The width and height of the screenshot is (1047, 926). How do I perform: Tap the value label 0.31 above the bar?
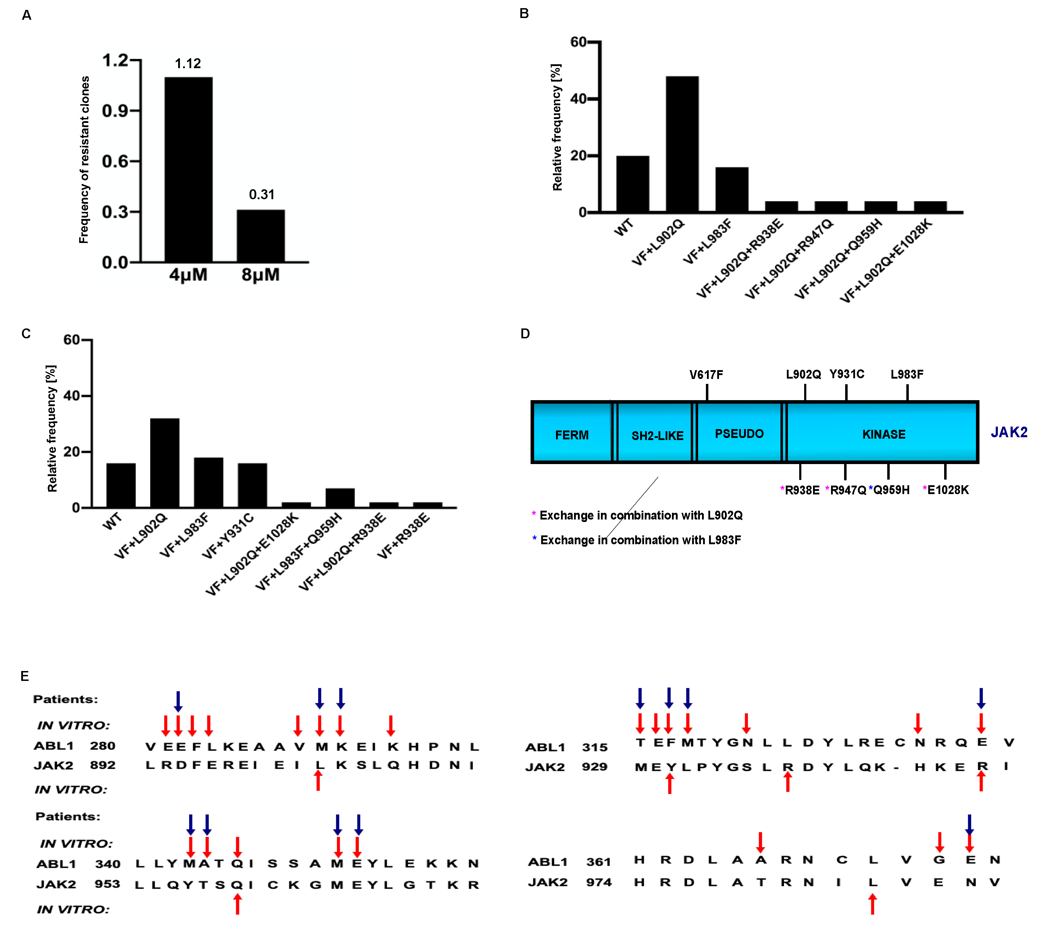pyautogui.click(x=261, y=195)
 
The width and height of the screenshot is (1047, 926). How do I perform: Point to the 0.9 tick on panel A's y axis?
pyautogui.click(x=115, y=111)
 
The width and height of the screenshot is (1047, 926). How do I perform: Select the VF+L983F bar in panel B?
pyautogui.click(x=731, y=189)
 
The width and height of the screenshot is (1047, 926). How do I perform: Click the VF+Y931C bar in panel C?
pyautogui.click(x=252, y=485)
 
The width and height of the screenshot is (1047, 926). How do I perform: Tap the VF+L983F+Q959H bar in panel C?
pyautogui.click(x=340, y=498)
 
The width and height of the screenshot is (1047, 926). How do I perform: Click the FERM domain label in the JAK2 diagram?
pyautogui.click(x=572, y=435)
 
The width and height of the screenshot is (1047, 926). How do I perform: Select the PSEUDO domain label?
pyautogui.click(x=739, y=434)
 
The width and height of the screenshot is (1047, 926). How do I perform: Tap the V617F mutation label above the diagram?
pyautogui.click(x=706, y=375)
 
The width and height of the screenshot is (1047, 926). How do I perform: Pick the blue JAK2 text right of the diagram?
pyautogui.click(x=1008, y=432)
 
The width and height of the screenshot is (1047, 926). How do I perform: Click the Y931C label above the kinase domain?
pyautogui.click(x=846, y=374)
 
